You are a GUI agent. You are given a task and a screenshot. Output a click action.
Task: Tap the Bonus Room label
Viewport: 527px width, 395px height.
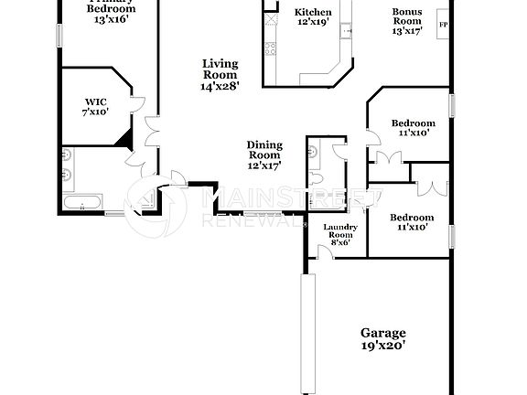point(407,18)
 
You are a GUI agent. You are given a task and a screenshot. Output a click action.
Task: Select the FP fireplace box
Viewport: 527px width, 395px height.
point(445,25)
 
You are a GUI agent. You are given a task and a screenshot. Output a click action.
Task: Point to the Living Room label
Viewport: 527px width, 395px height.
point(220,69)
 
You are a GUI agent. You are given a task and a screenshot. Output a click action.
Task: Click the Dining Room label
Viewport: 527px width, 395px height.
point(264,150)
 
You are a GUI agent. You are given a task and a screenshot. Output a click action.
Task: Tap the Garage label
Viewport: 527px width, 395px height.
point(383,334)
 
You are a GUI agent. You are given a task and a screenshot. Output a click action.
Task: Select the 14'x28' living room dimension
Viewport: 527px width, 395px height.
point(220,87)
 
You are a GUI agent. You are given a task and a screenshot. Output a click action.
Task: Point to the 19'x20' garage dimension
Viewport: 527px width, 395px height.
point(383,346)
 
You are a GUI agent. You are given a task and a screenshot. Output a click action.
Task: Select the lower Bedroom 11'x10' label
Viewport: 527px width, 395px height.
point(411,218)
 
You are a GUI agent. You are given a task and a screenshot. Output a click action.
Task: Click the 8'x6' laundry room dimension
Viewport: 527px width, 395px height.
point(339,242)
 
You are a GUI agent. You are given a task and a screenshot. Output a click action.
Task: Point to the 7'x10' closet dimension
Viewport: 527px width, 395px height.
point(95,112)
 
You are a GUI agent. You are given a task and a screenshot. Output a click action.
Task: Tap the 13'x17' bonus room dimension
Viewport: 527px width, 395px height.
point(407,30)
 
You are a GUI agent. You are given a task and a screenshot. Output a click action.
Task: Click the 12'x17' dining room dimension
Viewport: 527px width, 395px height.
point(264,166)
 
